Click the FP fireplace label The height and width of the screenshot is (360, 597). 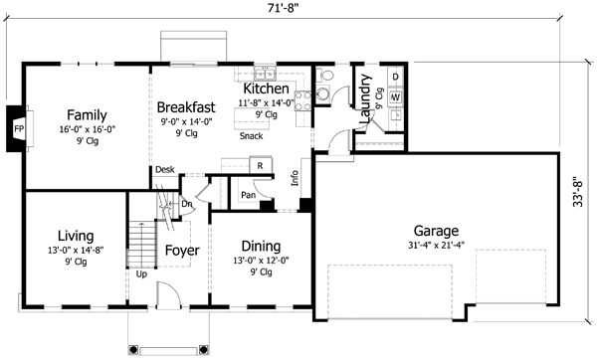point(19,129)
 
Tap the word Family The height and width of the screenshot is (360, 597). point(87,115)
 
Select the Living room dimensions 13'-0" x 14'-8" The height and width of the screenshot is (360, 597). point(77,251)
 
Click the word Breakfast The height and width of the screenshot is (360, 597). point(186,107)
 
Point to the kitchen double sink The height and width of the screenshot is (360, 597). point(265,73)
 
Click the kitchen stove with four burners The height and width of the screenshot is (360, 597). point(303,100)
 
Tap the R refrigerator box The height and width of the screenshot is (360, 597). point(261,165)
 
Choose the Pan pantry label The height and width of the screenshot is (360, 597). point(248,195)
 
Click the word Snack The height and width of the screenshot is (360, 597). point(252,136)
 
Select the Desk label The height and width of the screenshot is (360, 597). point(165,169)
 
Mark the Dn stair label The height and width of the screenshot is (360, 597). point(187,204)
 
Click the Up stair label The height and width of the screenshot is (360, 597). point(141,274)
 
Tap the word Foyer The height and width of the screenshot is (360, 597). point(182,251)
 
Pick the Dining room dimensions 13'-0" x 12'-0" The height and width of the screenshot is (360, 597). point(261,261)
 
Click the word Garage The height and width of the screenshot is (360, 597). point(437,231)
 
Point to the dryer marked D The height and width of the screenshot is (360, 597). point(396,77)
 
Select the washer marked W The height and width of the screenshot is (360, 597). point(396,97)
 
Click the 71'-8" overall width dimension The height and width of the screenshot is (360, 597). point(283,8)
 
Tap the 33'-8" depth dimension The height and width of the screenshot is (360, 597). point(578,191)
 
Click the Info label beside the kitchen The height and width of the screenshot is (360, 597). point(295,178)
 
